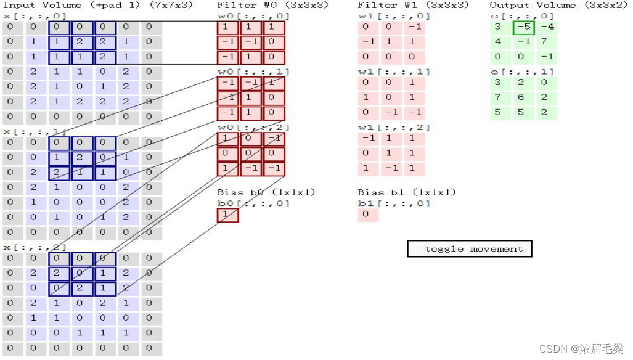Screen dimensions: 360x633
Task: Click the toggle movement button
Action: [x=469, y=249]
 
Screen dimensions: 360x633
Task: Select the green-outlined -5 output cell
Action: [x=523, y=28]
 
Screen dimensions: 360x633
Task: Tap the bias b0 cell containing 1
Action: [x=227, y=215]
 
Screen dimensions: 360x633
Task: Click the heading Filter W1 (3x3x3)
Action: [x=413, y=5]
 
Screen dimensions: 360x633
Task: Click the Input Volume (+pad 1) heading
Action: [x=98, y=5]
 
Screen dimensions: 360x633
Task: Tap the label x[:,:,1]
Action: [x=35, y=132]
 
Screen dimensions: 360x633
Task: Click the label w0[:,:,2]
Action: [x=253, y=128]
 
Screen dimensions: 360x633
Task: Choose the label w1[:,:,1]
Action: [x=394, y=72]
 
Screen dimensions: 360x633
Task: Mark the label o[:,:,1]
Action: [x=521, y=72]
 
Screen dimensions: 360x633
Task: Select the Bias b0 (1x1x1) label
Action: [x=266, y=192]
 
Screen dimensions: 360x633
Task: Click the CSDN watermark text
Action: [x=581, y=349]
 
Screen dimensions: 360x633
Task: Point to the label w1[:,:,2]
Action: [x=394, y=128]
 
